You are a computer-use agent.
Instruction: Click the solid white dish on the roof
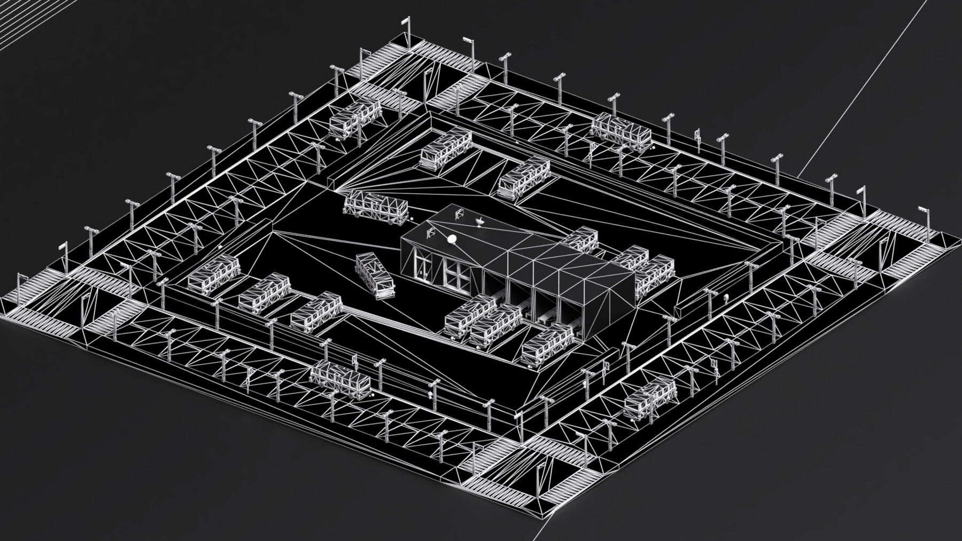click(452, 240)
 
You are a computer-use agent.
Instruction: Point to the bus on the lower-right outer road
click(650, 395)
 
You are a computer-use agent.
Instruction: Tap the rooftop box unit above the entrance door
click(430, 232)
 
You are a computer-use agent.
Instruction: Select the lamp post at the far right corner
click(926, 224)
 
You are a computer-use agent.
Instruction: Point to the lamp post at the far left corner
click(21, 286)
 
